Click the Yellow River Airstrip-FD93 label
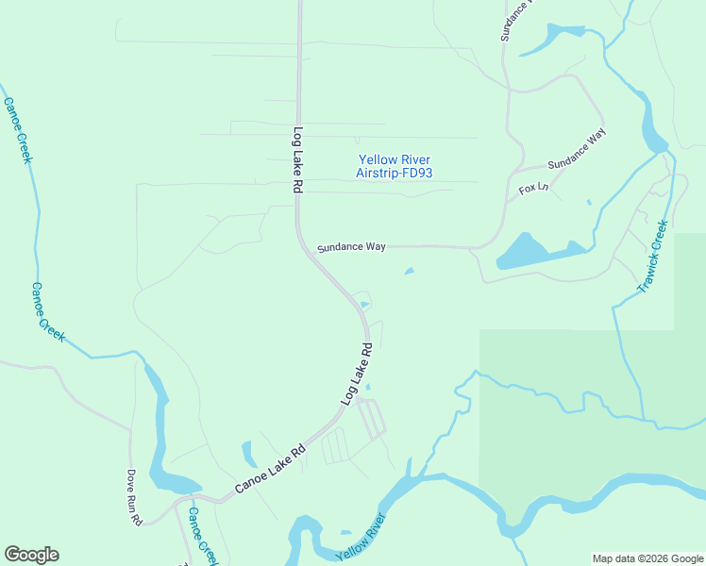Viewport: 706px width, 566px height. (x=394, y=166)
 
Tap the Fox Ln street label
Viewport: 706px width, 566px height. (x=533, y=190)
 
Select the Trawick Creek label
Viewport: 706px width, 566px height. (x=653, y=256)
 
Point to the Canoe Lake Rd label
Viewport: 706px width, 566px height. (x=271, y=469)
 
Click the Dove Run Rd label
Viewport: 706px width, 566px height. (x=135, y=497)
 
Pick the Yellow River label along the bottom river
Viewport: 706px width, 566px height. (x=361, y=538)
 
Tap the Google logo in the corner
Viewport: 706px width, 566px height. (x=31, y=555)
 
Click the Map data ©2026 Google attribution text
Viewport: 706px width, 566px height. (x=647, y=558)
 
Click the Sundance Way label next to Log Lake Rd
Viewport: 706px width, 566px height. (x=351, y=246)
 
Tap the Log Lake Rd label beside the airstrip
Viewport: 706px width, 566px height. (x=296, y=160)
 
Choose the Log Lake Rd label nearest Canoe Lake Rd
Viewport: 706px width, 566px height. (x=357, y=375)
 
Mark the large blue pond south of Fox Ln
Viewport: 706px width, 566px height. (x=529, y=252)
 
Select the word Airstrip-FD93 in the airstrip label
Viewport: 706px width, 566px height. (x=394, y=173)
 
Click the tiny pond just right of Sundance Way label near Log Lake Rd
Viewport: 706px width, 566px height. (x=409, y=272)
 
